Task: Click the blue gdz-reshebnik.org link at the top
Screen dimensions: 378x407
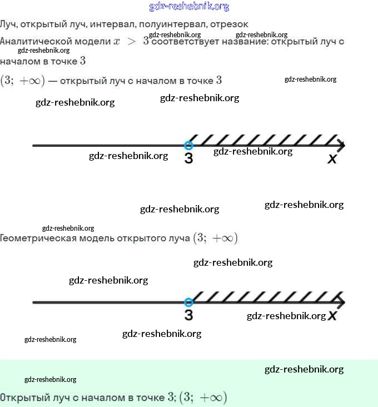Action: pyautogui.click(x=189, y=7)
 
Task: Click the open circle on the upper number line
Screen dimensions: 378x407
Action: pyautogui.click(x=188, y=145)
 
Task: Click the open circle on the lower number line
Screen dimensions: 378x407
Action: pyautogui.click(x=188, y=302)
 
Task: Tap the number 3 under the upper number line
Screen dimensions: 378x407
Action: pyautogui.click(x=188, y=158)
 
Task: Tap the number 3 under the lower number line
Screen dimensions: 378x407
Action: pyautogui.click(x=188, y=315)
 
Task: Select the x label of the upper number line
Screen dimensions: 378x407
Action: pyautogui.click(x=332, y=159)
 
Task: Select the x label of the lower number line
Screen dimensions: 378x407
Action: pyautogui.click(x=332, y=316)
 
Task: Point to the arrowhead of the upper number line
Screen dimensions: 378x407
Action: pyautogui.click(x=341, y=145)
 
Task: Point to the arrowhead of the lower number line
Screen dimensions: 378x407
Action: pyautogui.click(x=341, y=302)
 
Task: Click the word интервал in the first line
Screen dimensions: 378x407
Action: pyautogui.click(x=113, y=24)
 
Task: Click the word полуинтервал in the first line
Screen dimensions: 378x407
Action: pyautogui.click(x=173, y=24)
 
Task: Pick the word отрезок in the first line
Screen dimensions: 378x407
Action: pyautogui.click(x=230, y=24)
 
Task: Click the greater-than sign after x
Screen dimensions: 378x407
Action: pyautogui.click(x=132, y=42)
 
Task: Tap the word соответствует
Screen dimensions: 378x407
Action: pyautogui.click(x=186, y=42)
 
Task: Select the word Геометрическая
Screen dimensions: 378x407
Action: pyautogui.click(x=38, y=239)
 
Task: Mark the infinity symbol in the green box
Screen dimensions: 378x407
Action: pyautogui.click(x=215, y=398)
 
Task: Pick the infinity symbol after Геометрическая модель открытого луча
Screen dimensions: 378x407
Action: pyautogui.click(x=226, y=239)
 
